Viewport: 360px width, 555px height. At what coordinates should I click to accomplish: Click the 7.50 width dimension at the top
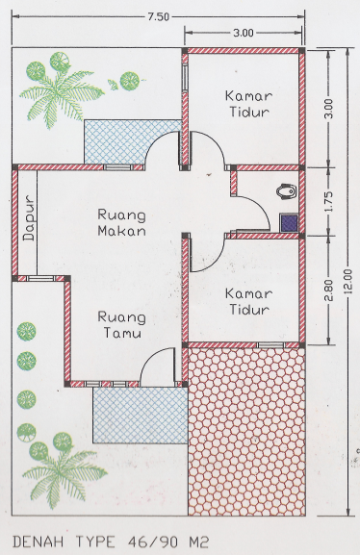point(159,16)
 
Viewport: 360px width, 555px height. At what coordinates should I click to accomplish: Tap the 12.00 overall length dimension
point(348,282)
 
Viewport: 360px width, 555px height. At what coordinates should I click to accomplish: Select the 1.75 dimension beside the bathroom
point(328,201)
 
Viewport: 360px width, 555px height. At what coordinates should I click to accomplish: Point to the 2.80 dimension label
point(328,290)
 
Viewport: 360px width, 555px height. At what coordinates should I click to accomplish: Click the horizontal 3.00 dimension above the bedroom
point(244,33)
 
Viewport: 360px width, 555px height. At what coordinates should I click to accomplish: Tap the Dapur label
point(30,218)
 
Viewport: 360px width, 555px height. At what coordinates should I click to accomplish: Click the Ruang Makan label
point(121,222)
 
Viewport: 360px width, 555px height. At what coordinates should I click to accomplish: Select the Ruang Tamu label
point(121,324)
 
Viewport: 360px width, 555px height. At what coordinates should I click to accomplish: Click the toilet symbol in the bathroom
point(286,191)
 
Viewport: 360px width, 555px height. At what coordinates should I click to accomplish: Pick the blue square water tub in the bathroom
point(289,223)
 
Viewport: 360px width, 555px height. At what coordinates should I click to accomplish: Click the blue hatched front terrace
point(140,416)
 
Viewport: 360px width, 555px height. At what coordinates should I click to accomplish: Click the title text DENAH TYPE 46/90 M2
point(111,542)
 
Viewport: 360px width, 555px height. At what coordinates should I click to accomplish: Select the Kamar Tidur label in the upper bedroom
point(248,104)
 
